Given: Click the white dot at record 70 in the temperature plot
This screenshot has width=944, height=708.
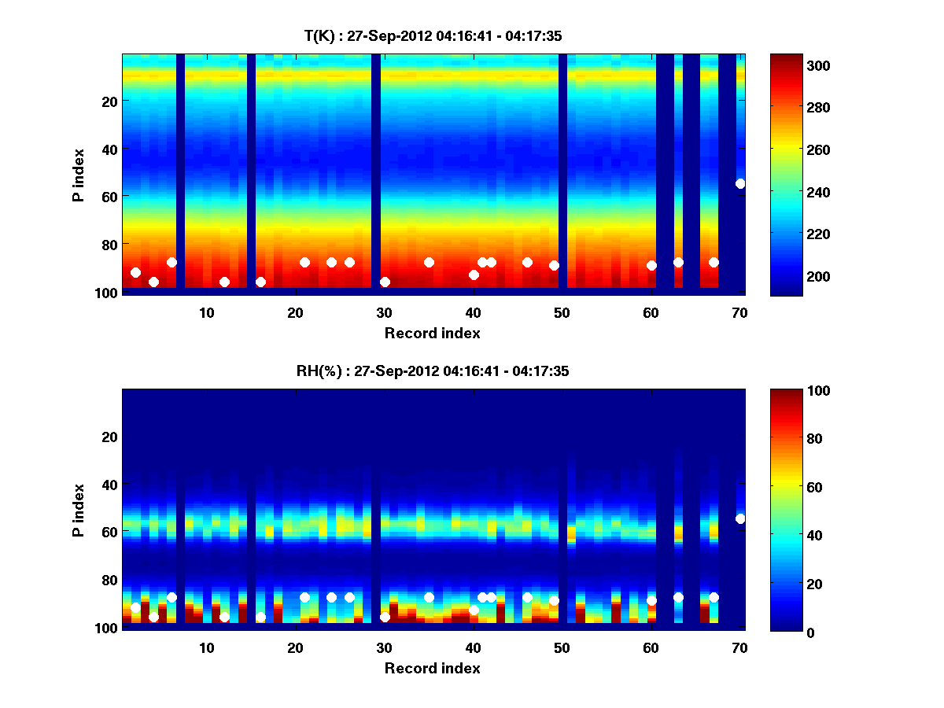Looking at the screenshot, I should pyautogui.click(x=740, y=183).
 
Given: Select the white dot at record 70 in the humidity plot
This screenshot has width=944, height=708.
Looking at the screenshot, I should pyautogui.click(x=740, y=518).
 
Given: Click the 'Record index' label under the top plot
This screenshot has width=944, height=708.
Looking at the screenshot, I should pyautogui.click(x=432, y=333).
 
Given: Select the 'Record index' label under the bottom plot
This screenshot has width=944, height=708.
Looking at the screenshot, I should pyautogui.click(x=432, y=668).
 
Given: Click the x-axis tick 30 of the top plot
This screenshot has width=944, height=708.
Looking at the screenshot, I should pyautogui.click(x=384, y=312).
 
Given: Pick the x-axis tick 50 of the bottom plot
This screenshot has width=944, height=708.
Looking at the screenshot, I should pyautogui.click(x=562, y=647).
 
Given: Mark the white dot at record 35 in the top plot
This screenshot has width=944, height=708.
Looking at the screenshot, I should pyautogui.click(x=429, y=262).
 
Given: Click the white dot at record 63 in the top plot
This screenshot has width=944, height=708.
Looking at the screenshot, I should pyautogui.click(x=678, y=262).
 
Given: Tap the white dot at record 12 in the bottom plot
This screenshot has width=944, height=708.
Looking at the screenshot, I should pyautogui.click(x=224, y=617).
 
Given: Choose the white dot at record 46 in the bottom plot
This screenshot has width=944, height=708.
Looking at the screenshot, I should pyautogui.click(x=527, y=597).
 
